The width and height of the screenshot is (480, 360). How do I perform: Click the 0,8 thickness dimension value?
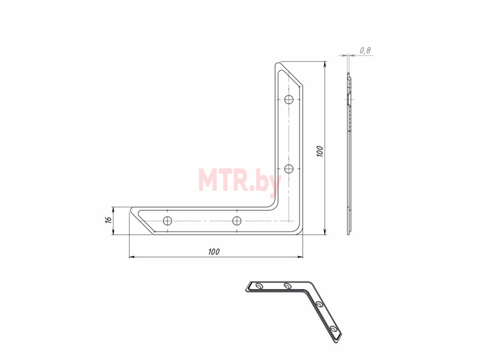(365, 50)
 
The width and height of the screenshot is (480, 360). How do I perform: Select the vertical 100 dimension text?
(320, 152)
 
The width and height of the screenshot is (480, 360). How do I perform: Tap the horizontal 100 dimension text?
(214, 252)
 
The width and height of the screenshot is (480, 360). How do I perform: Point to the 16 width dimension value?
(108, 220)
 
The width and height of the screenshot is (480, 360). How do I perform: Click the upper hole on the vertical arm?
(289, 100)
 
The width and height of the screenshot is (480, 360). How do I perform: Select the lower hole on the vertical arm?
(289, 169)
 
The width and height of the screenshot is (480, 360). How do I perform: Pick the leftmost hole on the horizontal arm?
(167, 220)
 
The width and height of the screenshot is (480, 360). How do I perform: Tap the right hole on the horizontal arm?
(236, 220)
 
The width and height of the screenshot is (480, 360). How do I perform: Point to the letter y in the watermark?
(274, 184)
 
